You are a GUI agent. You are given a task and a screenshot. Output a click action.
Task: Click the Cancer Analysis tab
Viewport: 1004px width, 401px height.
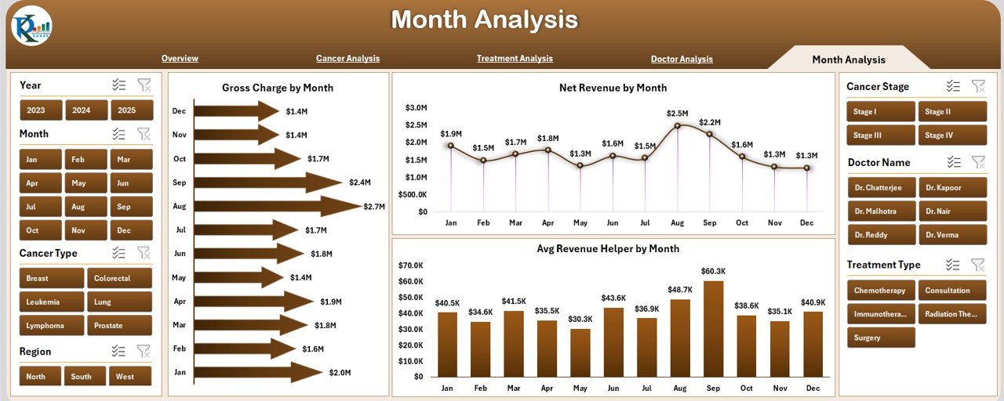pos(347,59)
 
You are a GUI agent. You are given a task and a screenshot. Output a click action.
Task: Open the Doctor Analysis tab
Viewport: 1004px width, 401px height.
pos(682,59)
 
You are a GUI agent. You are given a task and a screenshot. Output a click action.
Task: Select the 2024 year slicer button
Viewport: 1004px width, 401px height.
pos(86,110)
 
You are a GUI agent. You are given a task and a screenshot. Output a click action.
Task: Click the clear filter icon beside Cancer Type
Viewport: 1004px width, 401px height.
pos(144,253)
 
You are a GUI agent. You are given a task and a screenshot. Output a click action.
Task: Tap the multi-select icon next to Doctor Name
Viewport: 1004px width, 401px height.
pos(954,162)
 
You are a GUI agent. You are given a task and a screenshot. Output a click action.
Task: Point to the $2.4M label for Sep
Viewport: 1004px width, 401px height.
pos(360,182)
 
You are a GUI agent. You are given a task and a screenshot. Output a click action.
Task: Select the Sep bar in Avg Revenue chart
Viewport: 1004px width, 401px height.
pos(713,329)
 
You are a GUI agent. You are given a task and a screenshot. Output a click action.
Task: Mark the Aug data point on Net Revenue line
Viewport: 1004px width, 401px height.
pos(678,125)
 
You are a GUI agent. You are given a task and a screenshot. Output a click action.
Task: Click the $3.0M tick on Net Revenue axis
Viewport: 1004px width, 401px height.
pos(416,108)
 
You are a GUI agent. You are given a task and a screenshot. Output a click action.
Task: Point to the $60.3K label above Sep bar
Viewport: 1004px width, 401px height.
pos(713,272)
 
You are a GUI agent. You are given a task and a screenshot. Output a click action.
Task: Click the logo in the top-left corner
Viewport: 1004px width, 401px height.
pos(31,26)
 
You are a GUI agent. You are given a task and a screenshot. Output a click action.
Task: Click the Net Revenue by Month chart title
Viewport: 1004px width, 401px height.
pos(613,88)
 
